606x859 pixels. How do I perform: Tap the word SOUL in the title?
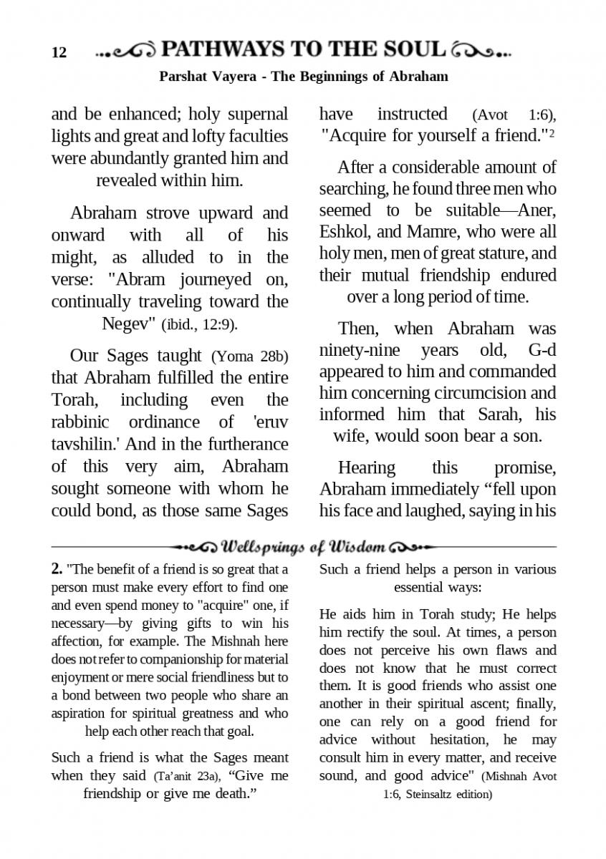413,49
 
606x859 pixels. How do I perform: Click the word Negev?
129,323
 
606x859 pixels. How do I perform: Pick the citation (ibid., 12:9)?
200,324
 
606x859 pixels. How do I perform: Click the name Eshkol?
342,232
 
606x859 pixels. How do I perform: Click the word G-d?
537,351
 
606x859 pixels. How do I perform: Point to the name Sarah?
491,415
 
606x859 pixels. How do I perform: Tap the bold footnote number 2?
57,570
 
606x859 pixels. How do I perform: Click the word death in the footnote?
228,793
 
